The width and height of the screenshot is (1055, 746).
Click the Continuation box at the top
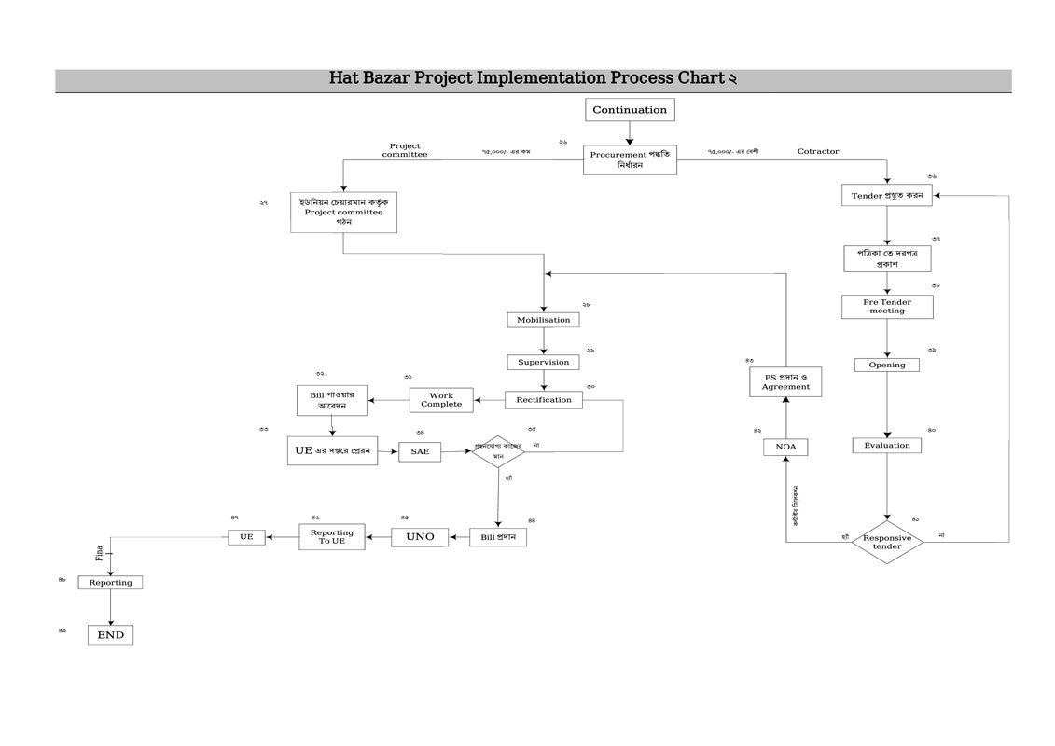630,110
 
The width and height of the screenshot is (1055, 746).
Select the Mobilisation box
543,320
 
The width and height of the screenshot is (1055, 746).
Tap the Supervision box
543,362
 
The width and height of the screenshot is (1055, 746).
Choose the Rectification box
544,400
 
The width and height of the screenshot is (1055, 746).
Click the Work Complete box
441,400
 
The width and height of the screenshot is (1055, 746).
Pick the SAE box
420,452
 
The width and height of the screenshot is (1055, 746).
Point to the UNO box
420,537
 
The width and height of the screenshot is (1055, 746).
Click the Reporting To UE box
332,536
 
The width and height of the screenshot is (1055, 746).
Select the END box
110,635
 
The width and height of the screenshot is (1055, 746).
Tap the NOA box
785,448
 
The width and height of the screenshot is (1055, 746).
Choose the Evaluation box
887,446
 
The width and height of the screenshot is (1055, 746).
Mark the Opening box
887,365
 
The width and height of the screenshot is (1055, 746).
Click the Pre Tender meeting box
887,306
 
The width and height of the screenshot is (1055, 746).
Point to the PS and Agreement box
785,381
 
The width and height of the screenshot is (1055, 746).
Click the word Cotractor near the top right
818,151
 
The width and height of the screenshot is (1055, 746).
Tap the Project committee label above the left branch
405,150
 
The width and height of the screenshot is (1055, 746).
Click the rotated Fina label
99,553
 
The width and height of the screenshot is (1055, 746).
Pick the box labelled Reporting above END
110,583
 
